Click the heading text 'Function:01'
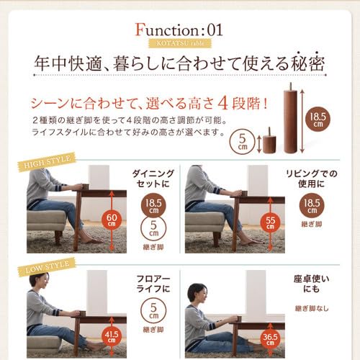pos(180,31)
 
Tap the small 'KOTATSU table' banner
pos(180,45)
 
